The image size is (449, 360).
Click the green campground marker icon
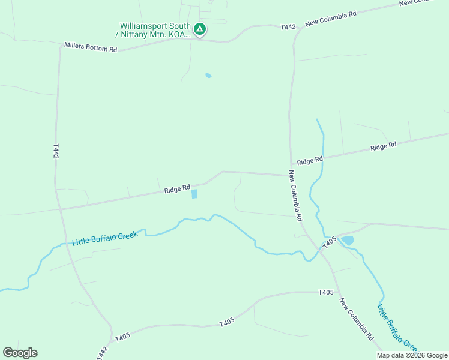(x=200, y=28)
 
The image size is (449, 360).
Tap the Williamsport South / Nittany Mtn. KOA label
(x=155, y=30)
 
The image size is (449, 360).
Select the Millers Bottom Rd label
(x=91, y=47)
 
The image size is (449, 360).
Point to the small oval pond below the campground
(x=208, y=76)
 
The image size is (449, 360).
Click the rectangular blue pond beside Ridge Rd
(x=194, y=194)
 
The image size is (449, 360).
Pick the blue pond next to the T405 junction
(x=346, y=241)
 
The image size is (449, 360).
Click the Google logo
(x=20, y=353)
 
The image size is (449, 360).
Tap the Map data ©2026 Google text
(x=412, y=355)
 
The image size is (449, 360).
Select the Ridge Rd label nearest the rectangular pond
(x=177, y=189)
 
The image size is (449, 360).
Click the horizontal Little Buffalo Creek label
(x=104, y=238)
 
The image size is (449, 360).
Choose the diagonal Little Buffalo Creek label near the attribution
(x=397, y=328)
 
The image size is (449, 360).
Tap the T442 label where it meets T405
(x=103, y=353)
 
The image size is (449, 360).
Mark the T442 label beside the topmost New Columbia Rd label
(x=288, y=27)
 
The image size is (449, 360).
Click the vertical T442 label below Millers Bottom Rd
(x=56, y=151)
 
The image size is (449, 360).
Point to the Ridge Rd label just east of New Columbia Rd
(x=310, y=160)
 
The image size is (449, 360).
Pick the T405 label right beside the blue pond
(x=329, y=242)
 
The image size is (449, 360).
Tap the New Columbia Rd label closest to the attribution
(x=356, y=319)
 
